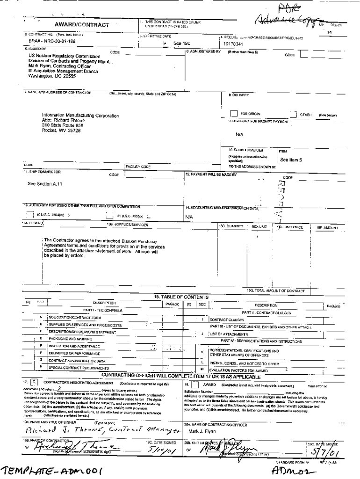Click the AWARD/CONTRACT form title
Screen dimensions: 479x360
82,25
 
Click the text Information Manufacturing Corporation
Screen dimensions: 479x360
80,116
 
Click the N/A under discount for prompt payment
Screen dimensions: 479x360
239,133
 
